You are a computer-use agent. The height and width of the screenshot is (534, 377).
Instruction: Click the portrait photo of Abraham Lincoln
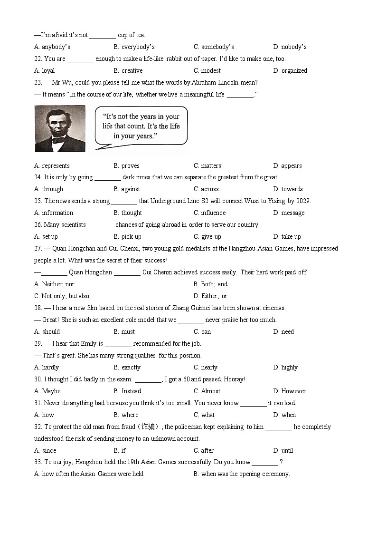point(60,128)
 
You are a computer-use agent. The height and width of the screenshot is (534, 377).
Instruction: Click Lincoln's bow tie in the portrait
point(59,140)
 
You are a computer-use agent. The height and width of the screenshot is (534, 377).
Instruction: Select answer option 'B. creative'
point(128,70)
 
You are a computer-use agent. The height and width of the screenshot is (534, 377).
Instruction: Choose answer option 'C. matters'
point(207,165)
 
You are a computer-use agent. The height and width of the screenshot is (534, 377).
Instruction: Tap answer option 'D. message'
point(289,213)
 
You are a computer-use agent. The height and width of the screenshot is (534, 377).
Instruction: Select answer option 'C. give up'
point(207,237)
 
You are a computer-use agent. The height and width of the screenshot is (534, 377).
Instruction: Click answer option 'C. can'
point(202,332)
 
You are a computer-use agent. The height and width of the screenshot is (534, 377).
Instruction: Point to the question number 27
point(38,249)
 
